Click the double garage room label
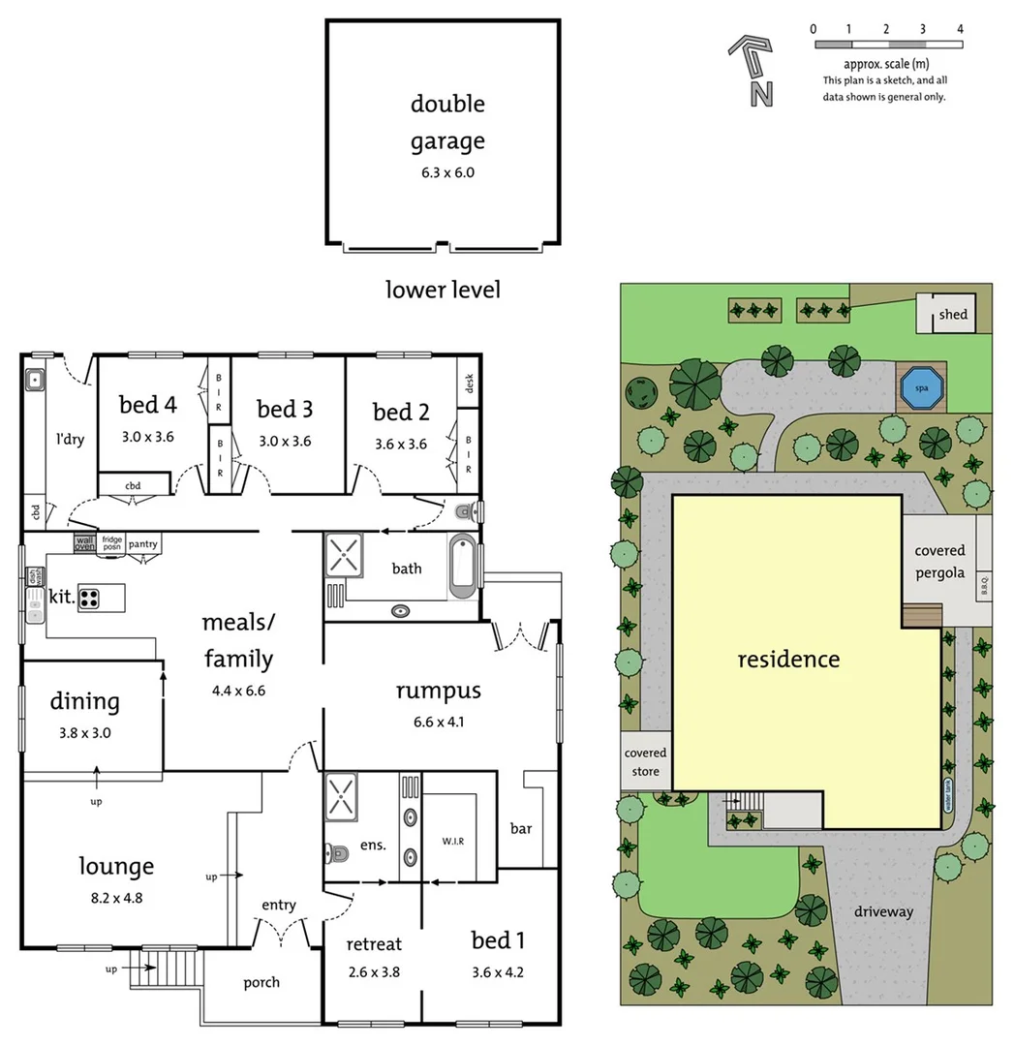pos(446,122)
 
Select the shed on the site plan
pos(952,315)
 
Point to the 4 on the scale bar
pos(960,29)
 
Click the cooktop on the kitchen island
pos(89,598)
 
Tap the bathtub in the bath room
pos(463,567)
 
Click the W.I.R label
pos(453,840)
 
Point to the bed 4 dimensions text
pos(146,436)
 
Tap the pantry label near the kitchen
pos(143,544)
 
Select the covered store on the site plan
pos(645,761)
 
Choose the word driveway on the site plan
pos(884,911)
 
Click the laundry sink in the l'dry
pos(34,380)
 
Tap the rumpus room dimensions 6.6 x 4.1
pos(438,722)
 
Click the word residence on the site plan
pos(788,660)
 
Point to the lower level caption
pos(443,289)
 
